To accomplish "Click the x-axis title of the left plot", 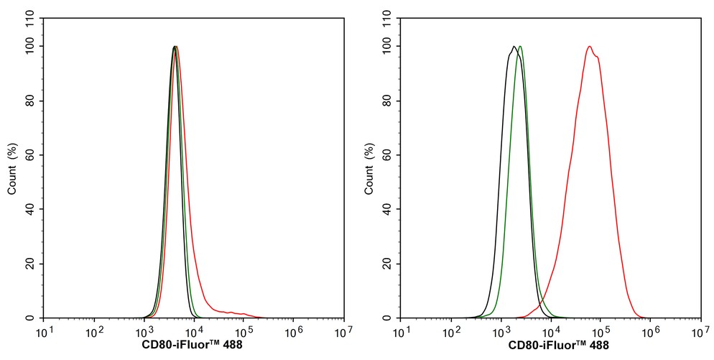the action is coord(193,345).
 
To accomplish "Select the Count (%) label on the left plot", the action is coord(13,168).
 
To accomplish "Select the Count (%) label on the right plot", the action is coord(370,168).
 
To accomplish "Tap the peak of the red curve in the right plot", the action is coord(590,46).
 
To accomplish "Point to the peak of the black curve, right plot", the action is coord(514,46).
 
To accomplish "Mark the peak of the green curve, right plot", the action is coord(520,46).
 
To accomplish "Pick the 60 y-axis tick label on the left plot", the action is coord(33,155).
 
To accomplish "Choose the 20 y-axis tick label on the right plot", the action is coord(390,264).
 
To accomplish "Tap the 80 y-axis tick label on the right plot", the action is coord(390,101).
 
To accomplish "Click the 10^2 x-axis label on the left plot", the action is coord(93,329).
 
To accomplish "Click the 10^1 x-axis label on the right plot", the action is coord(401,329).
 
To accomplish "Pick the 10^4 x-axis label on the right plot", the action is coord(550,329).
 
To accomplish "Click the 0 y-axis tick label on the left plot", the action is coord(36,318).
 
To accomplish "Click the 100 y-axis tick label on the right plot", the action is coord(387,46).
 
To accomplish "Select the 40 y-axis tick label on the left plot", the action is coord(33,209).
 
